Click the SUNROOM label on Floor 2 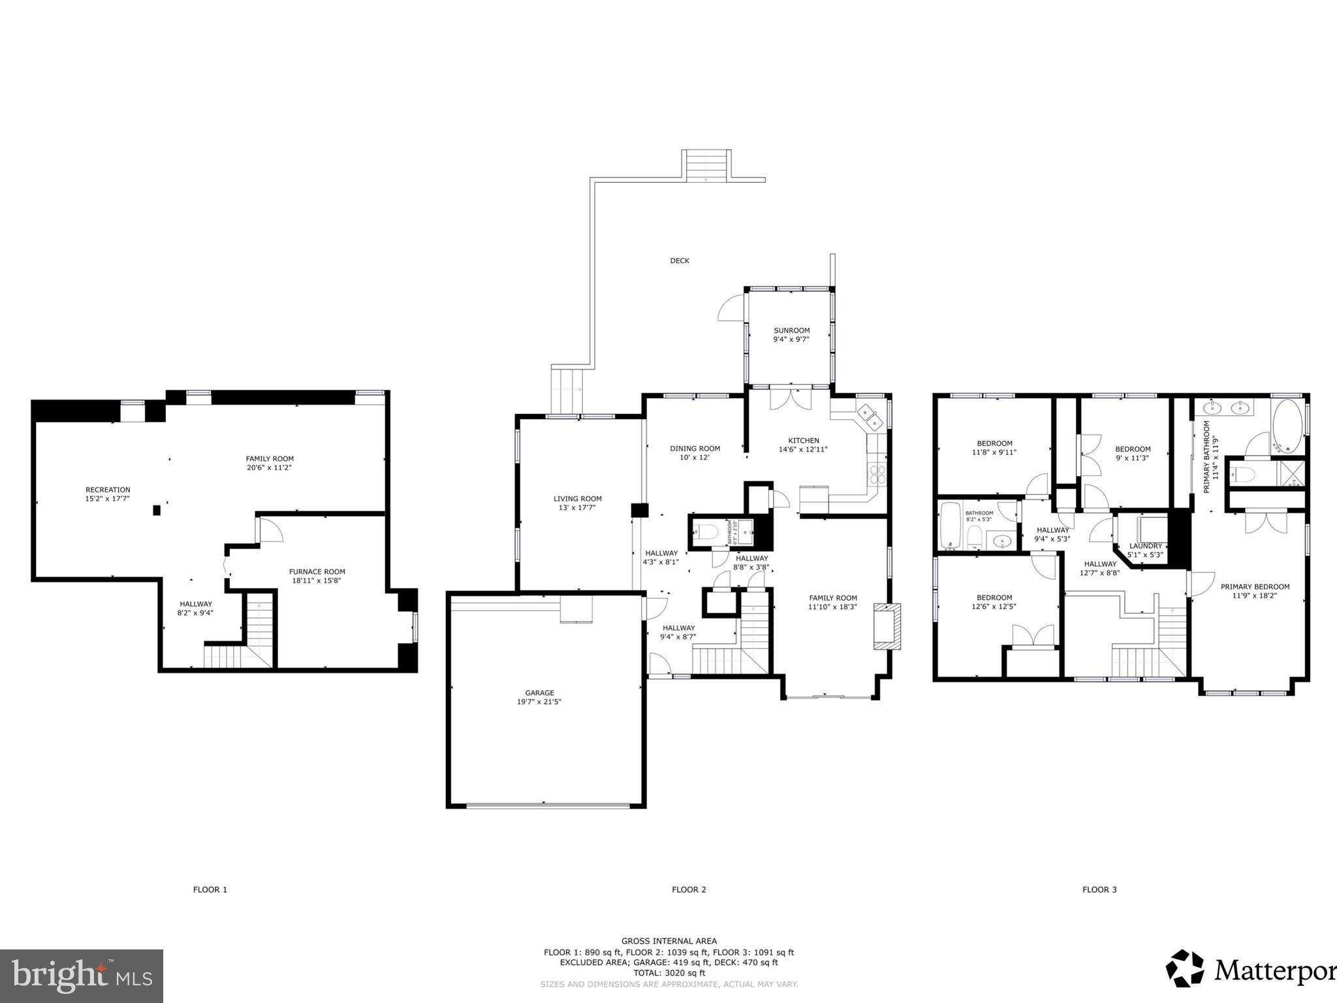(x=791, y=330)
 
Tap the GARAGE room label (x=539, y=693)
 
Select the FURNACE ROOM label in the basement (x=317, y=571)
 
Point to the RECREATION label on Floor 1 (x=108, y=490)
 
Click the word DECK (x=680, y=261)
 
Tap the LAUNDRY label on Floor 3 (x=1145, y=546)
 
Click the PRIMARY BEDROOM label (x=1255, y=586)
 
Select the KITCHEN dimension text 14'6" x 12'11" (x=803, y=449)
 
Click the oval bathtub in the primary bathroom (x=1287, y=426)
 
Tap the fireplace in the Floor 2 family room (x=887, y=626)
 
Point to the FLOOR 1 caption (x=210, y=889)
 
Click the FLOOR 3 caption (x=1099, y=889)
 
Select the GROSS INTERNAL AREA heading (x=668, y=941)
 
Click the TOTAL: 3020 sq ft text (x=668, y=973)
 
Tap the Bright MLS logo (x=82, y=976)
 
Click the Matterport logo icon (x=1184, y=986)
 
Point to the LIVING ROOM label (x=577, y=498)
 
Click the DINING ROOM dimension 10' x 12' (x=695, y=457)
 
